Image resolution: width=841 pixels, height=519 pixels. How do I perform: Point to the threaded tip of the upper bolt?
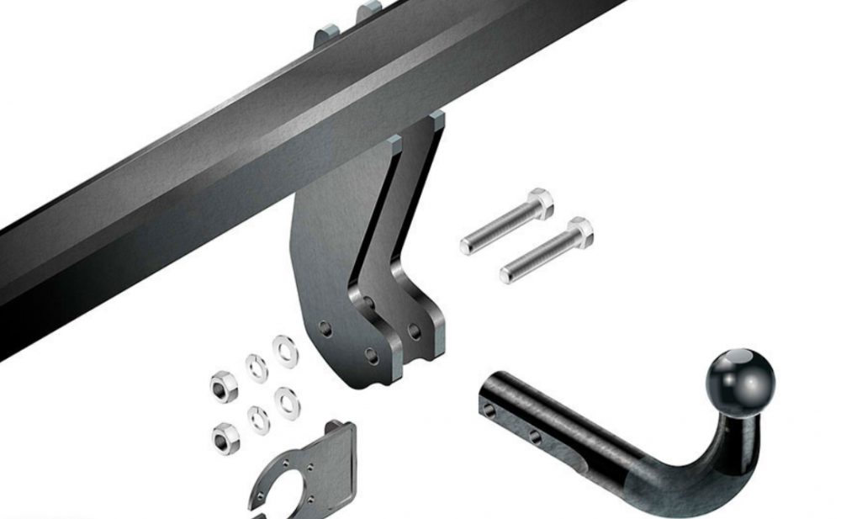[468, 246]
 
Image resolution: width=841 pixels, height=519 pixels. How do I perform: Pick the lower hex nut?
[223, 435]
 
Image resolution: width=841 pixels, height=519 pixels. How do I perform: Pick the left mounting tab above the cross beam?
[328, 37]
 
